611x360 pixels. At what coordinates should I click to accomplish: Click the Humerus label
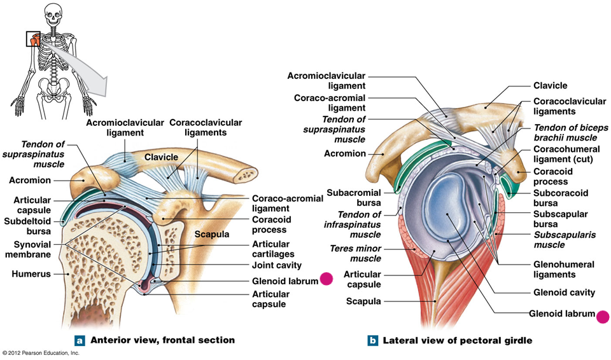pyautogui.click(x=32, y=275)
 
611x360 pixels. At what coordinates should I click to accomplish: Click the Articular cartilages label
pyautogui.click(x=271, y=249)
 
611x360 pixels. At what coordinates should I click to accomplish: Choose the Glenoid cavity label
pyautogui.click(x=564, y=293)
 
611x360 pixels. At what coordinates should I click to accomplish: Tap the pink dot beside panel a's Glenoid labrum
pyautogui.click(x=327, y=279)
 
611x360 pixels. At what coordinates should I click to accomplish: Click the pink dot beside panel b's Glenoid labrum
pyautogui.click(x=602, y=315)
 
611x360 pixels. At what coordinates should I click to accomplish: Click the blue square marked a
pyautogui.click(x=80, y=340)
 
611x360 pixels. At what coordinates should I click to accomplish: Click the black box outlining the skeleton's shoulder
pyautogui.click(x=33, y=39)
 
